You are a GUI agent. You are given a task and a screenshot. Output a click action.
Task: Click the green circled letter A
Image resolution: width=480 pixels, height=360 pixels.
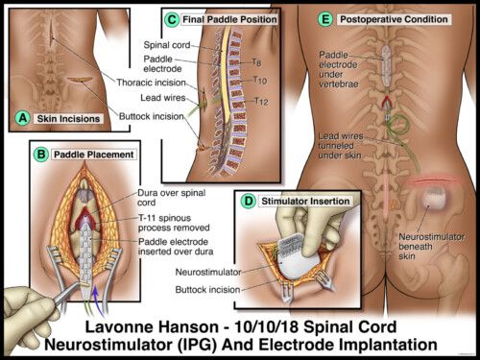click(x=22, y=119)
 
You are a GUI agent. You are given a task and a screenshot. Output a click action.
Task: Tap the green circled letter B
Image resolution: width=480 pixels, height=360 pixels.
click(x=41, y=153)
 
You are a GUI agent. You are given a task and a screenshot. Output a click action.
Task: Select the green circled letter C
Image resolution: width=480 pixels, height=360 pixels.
click(x=171, y=18)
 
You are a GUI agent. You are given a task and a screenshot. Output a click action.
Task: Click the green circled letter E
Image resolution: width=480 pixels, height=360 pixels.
click(x=324, y=18)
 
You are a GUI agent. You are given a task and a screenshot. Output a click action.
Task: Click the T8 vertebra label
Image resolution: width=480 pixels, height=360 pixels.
click(x=257, y=63)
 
